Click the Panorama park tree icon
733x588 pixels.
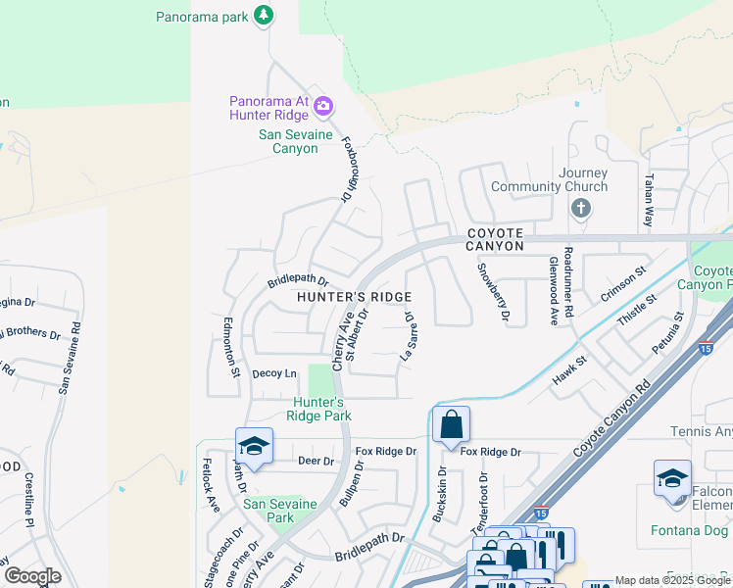coord(263,15)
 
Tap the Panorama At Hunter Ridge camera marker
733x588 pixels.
coord(323,106)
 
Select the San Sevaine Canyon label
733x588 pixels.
coord(288,142)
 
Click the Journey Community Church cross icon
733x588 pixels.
coord(581,207)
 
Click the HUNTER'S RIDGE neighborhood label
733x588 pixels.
coord(354,297)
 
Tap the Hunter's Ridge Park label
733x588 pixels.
coord(318,409)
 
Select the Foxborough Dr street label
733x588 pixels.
coord(347,168)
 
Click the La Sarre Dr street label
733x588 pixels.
coord(409,337)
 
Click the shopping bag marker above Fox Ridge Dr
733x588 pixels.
coord(451,425)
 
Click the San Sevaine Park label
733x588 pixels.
coord(281,511)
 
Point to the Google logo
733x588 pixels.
coord(31,576)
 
